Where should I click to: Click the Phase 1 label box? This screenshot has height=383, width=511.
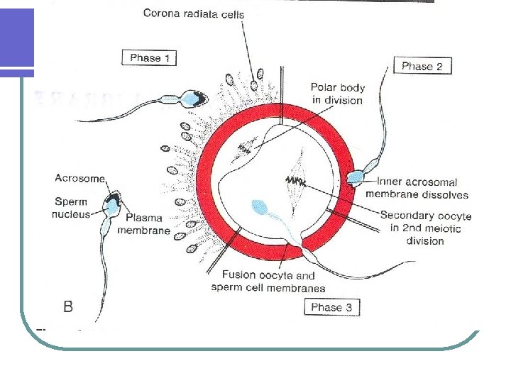pos(150,58)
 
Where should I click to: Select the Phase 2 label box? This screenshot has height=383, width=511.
pos(422,66)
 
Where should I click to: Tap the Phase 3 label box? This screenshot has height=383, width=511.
pos(331,307)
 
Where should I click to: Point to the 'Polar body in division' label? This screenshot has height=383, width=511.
pos(337,94)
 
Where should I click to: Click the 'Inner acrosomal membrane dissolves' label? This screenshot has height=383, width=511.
pos(417,188)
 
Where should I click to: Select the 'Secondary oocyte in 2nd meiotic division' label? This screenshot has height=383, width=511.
pos(425,228)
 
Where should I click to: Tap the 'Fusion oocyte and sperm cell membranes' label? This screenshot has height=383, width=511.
pos(268,282)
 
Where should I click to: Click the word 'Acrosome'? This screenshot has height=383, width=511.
pos(79,179)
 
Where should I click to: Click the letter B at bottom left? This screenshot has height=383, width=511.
pos(68,306)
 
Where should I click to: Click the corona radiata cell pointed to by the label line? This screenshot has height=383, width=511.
pos(259,73)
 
